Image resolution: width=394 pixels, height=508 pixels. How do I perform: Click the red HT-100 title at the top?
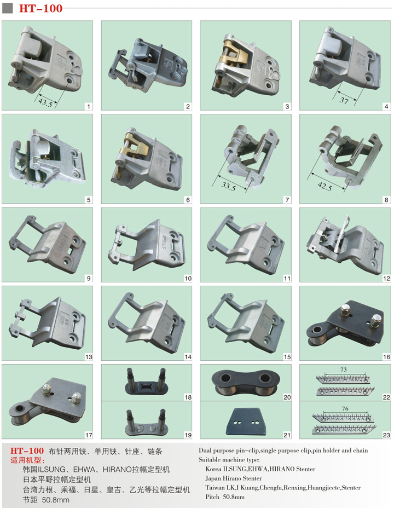click(x=40, y=8)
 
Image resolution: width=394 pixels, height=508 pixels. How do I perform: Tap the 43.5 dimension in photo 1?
click(x=45, y=103)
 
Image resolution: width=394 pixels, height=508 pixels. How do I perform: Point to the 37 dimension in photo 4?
click(x=344, y=100)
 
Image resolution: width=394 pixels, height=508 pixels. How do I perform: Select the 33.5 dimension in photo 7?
click(x=228, y=187)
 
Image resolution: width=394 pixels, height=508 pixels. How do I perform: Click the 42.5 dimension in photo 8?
click(x=325, y=186)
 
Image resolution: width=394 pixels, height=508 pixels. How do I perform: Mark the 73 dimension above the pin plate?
click(x=344, y=370)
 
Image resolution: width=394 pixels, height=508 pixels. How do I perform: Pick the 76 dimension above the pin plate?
click(x=345, y=408)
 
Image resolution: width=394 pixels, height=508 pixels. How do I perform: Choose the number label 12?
click(x=386, y=278)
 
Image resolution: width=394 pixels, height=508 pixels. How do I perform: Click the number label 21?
click(x=287, y=435)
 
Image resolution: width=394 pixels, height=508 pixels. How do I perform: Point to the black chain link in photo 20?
click(x=246, y=383)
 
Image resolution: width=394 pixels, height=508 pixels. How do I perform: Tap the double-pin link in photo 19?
click(x=147, y=422)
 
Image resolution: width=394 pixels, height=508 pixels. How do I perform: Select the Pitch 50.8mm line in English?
click(x=225, y=497)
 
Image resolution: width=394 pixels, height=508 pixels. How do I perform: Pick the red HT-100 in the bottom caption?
click(x=27, y=451)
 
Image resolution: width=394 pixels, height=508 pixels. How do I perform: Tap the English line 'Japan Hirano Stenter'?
click(x=234, y=478)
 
